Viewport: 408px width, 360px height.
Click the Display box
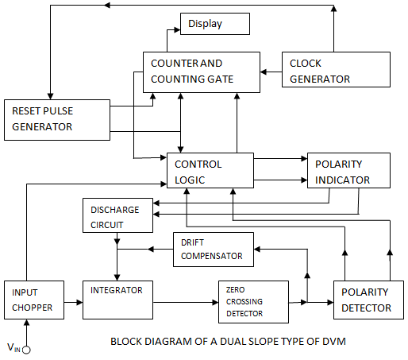point(215,24)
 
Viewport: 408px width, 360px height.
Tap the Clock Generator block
point(337,70)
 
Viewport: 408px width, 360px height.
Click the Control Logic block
point(210,172)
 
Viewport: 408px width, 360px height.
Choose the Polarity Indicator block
point(348,171)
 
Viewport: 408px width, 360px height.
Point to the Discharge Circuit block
point(118,216)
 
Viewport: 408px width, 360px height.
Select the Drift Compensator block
point(213,249)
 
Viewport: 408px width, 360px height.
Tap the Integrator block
point(117,300)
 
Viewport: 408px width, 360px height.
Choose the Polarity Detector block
point(362,300)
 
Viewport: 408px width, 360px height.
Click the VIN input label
point(13,347)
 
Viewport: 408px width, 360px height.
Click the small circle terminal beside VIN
point(26,349)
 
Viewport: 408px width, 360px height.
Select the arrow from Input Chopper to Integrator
point(71,302)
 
